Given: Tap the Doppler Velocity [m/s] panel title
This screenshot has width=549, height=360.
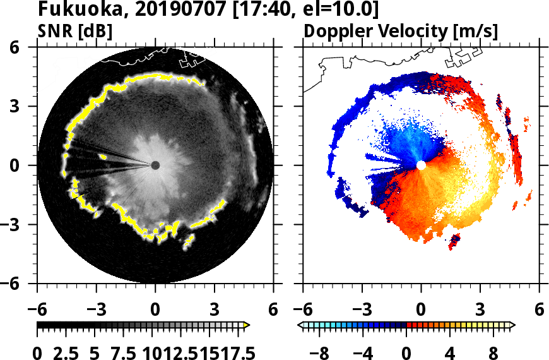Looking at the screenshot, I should [401, 30].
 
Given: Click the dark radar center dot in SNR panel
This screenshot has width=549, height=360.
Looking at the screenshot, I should [155, 165].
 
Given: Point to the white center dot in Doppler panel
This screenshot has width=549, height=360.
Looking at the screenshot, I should [421, 165].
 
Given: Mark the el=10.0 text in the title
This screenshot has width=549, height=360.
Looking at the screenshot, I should [345, 10].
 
